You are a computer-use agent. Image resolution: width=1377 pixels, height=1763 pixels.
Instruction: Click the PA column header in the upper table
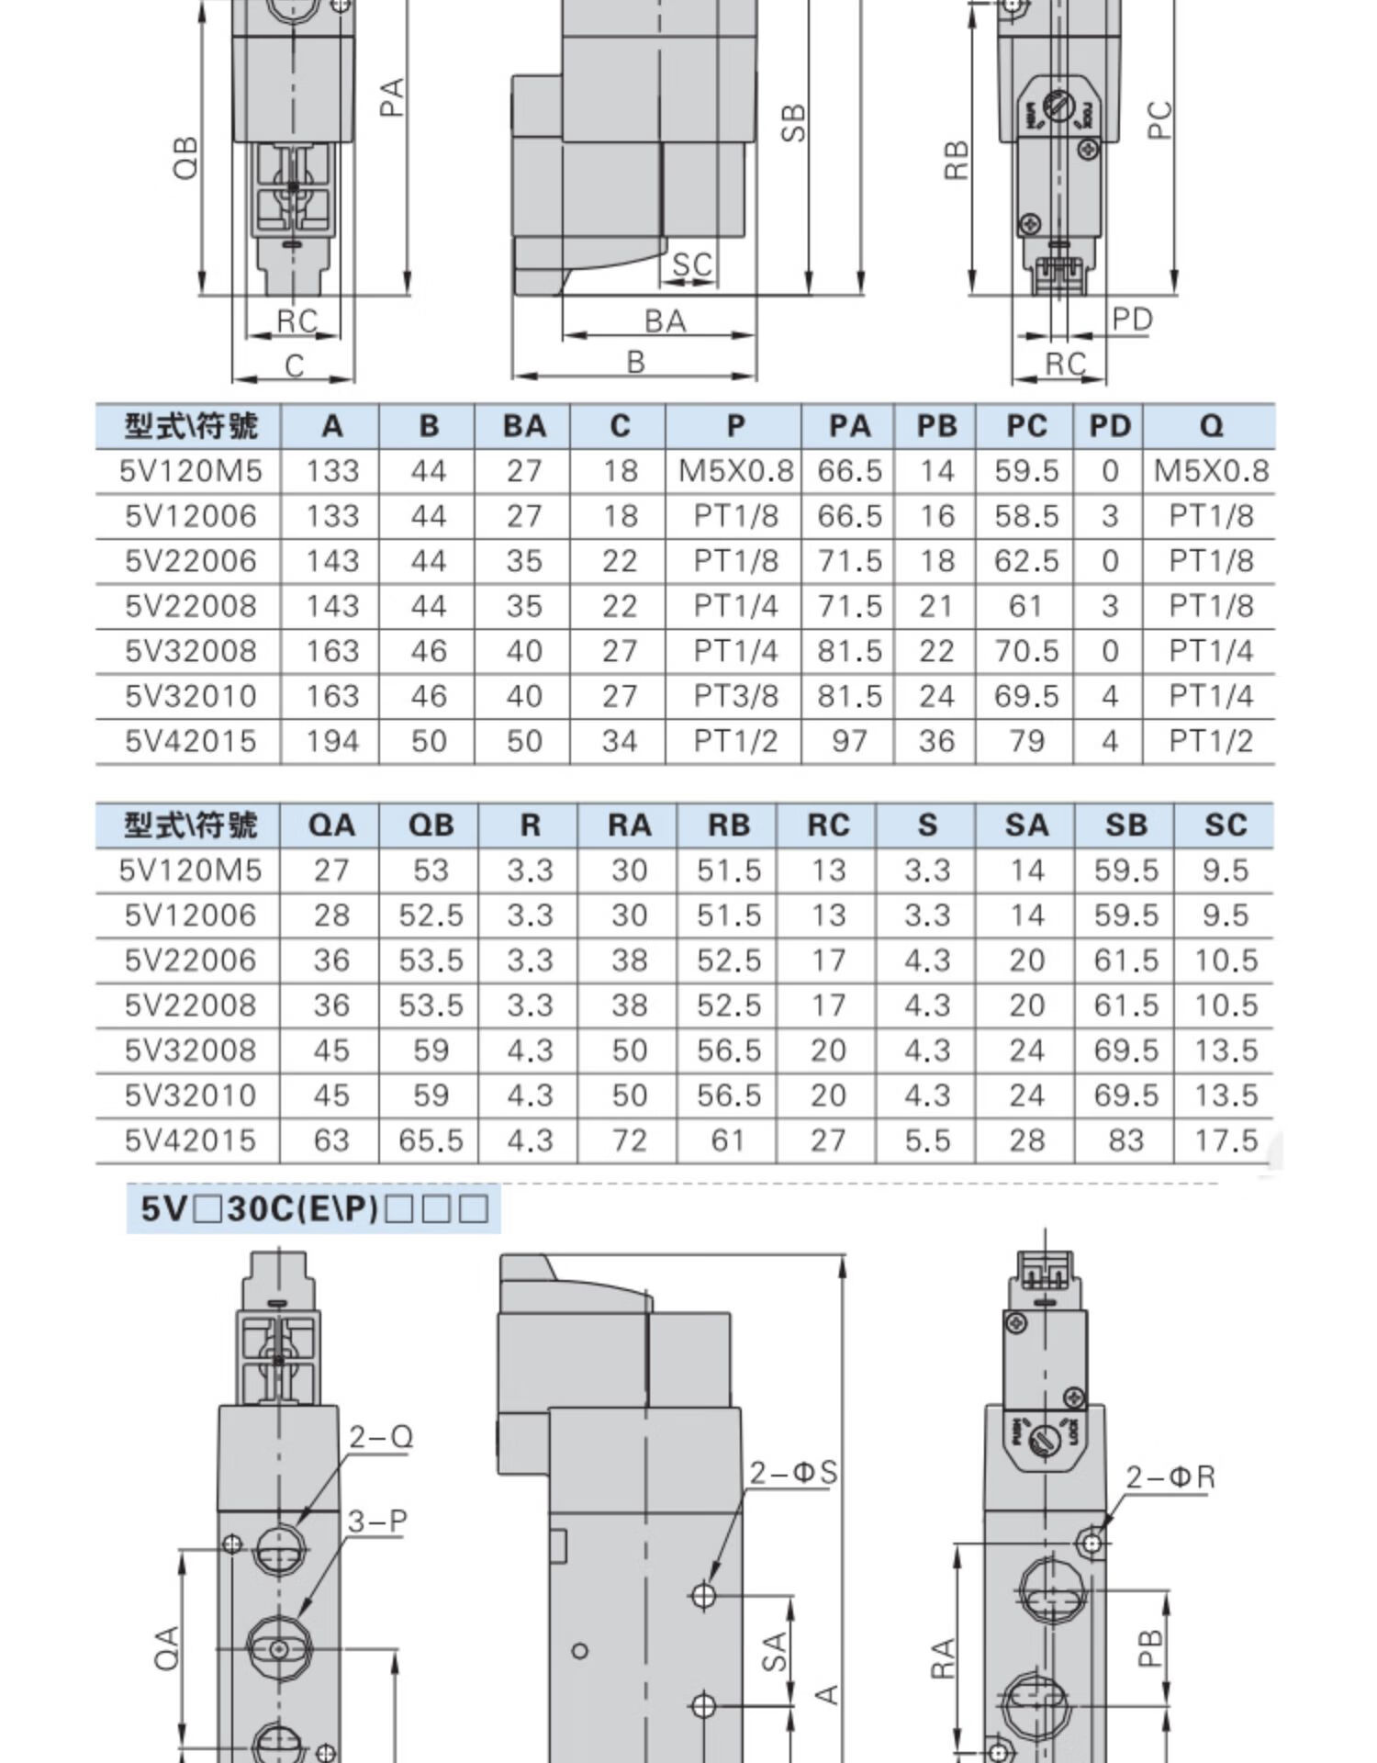(849, 426)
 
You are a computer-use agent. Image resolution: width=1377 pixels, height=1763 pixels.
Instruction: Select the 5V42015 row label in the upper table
(191, 741)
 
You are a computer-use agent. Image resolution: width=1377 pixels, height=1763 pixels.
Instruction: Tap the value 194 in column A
(331, 741)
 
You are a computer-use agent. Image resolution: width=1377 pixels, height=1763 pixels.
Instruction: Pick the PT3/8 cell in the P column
(735, 696)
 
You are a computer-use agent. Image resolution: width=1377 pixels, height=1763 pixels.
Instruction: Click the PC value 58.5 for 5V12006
(1026, 516)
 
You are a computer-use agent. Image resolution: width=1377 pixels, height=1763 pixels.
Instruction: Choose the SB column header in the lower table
(1126, 825)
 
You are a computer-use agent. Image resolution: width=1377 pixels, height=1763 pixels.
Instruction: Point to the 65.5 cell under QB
(431, 1140)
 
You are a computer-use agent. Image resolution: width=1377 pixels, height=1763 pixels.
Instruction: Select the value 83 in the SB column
(1126, 1140)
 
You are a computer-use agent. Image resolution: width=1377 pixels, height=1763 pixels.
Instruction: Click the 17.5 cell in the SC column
(1226, 1140)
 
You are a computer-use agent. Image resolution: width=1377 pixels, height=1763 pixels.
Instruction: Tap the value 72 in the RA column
(629, 1140)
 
